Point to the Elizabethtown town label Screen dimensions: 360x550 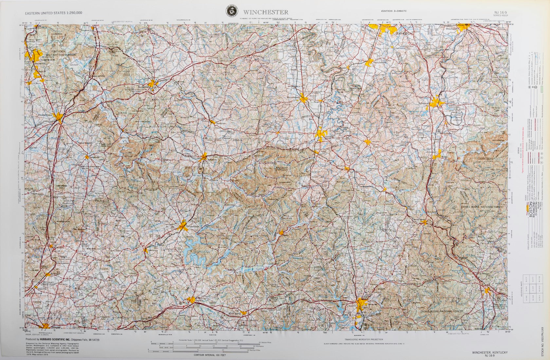tap(46, 115)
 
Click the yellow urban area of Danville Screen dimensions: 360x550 tap(321, 134)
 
